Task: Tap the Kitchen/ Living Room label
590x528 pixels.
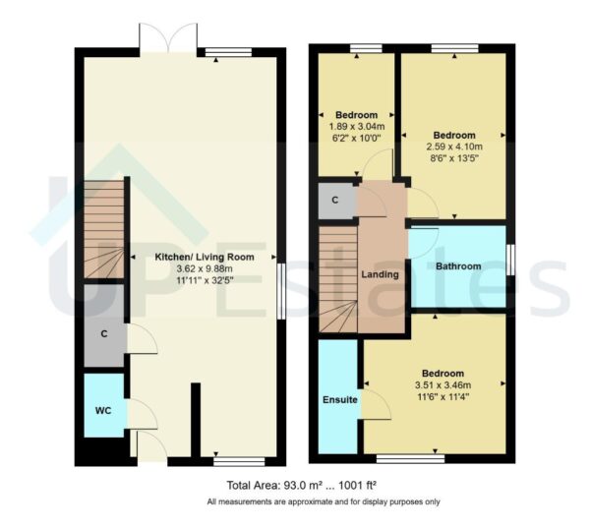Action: pos(205,257)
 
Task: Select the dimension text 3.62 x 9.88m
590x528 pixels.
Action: pos(205,268)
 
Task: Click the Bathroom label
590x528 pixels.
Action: pos(458,266)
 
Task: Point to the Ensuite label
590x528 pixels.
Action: pos(338,400)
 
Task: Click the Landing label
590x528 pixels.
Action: pos(381,274)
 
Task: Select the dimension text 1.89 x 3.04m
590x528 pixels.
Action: pos(355,127)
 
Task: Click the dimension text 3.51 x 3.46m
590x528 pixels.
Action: pos(442,385)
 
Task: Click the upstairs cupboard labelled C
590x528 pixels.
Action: pos(335,201)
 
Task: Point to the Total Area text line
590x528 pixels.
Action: pos(302,485)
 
